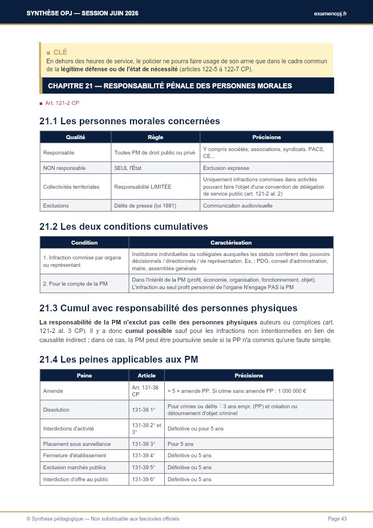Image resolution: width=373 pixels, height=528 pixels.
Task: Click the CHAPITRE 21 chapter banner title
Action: click(x=170, y=86)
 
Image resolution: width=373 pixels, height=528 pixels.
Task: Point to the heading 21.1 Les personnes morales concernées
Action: click(x=129, y=121)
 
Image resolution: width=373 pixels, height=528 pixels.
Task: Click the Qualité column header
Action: click(x=75, y=137)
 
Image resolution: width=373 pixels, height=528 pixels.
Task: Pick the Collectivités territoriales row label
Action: click(x=71, y=186)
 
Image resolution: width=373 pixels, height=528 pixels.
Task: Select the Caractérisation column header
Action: click(x=231, y=242)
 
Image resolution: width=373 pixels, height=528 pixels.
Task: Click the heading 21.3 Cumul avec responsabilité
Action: click(x=168, y=308)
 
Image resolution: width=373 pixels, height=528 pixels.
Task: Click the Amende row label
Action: click(x=53, y=391)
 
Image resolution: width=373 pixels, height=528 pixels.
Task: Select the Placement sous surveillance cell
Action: click(x=77, y=444)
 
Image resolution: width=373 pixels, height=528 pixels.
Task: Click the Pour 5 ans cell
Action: click(x=181, y=444)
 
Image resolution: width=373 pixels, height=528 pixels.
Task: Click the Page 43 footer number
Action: click(x=337, y=519)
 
